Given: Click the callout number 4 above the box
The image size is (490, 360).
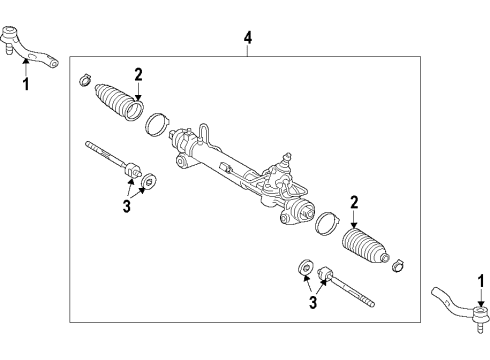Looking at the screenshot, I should point(248,38).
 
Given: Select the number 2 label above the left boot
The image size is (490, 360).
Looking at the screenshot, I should point(139,73).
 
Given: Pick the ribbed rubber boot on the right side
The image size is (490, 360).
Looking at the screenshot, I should point(366,245).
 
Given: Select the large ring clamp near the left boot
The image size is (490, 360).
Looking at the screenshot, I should point(157,127).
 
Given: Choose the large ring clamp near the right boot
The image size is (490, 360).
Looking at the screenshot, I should point(324,221).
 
